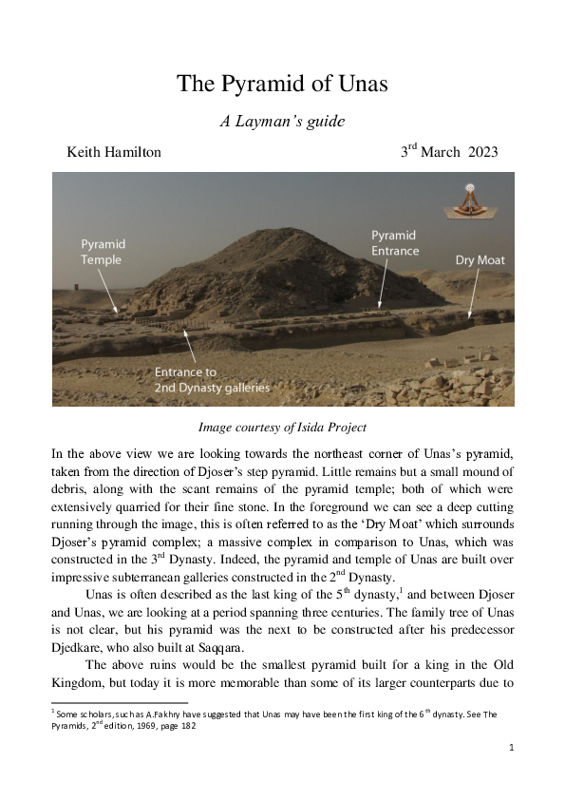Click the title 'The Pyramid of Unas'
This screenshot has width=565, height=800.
tap(282, 84)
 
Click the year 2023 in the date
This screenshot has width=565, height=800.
tap(482, 153)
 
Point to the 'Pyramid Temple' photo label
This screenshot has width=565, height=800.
tap(102, 252)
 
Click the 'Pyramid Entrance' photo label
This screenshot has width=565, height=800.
tap(394, 243)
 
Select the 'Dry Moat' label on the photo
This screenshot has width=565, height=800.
tap(480, 259)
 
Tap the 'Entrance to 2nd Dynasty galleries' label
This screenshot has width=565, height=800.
tap(212, 380)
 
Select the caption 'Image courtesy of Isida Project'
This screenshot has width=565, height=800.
tap(282, 427)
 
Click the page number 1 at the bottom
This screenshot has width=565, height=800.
tap(511, 748)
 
